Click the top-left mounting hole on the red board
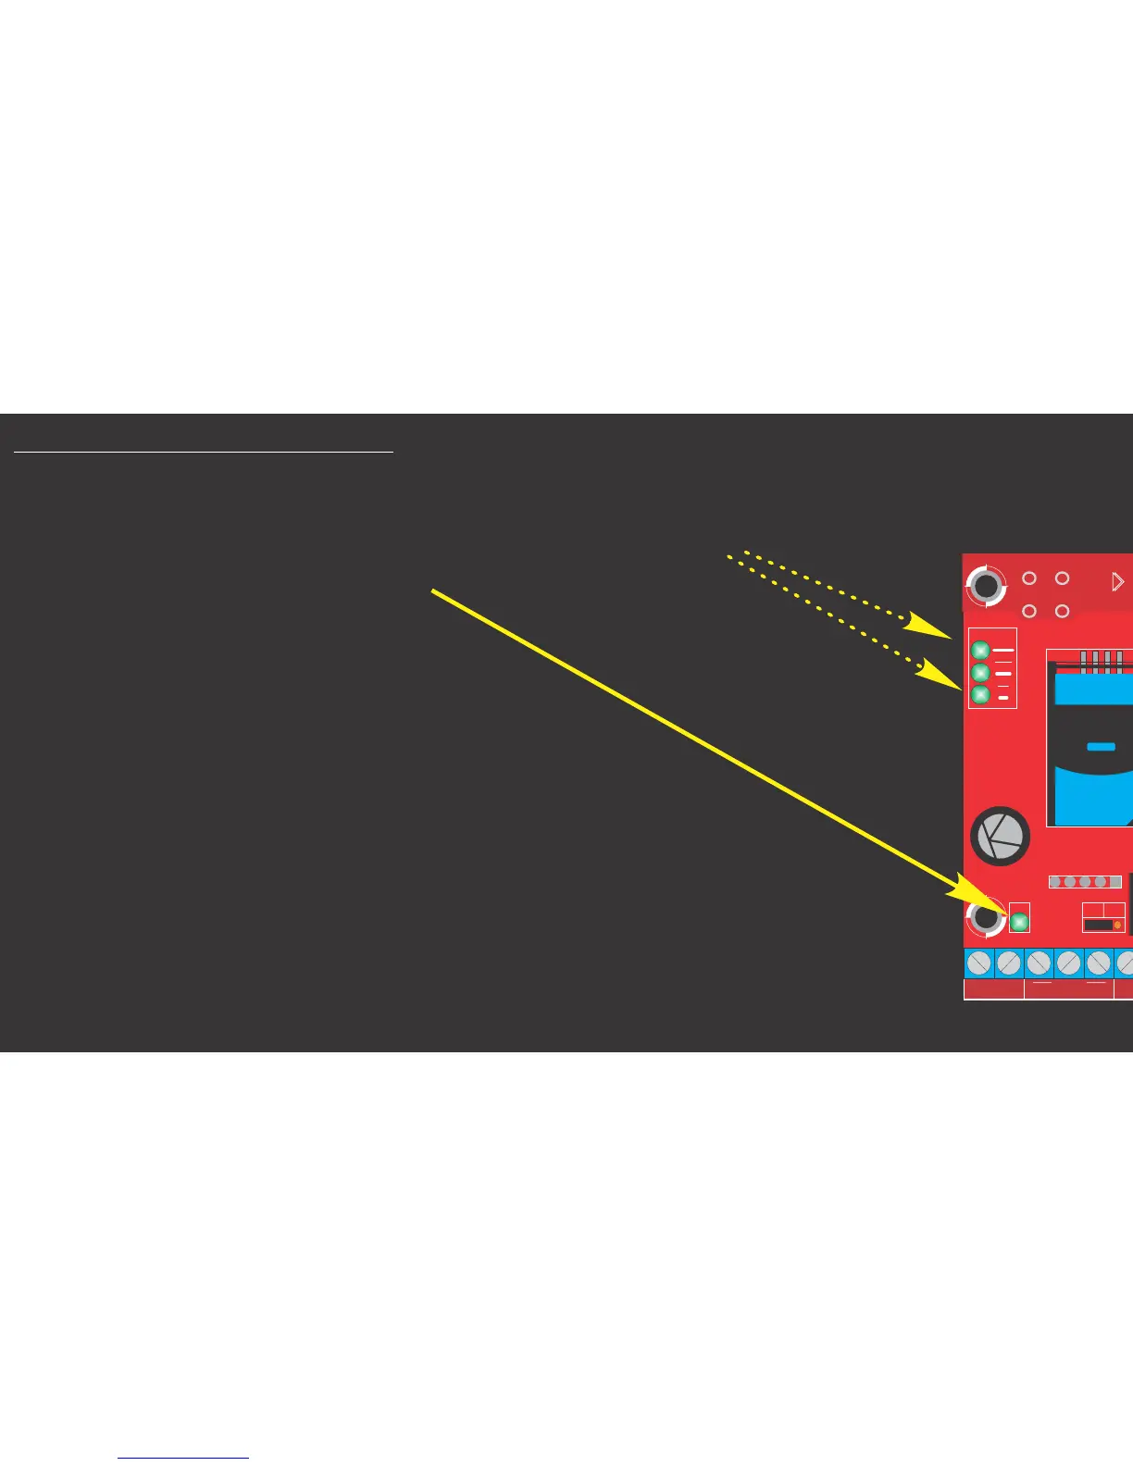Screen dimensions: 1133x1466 click(986, 586)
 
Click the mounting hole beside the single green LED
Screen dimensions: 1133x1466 click(986, 917)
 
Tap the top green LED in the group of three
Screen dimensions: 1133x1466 click(980, 651)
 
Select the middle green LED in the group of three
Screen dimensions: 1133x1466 click(980, 673)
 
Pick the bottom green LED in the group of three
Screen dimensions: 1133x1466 click(980, 695)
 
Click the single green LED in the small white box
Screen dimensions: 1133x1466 click(1019, 922)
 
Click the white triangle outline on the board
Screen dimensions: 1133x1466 click(1117, 581)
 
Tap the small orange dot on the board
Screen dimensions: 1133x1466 click(1117, 925)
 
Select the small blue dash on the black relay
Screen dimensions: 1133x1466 click(1101, 747)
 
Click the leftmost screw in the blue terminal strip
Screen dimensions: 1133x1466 click(979, 963)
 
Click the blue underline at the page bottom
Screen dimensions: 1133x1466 click(183, 1459)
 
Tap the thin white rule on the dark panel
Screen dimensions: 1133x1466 click(204, 453)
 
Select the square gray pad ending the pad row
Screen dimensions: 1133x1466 click(1114, 882)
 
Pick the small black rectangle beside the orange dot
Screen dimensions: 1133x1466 click(1098, 925)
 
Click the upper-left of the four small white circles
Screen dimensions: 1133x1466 click(1028, 578)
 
